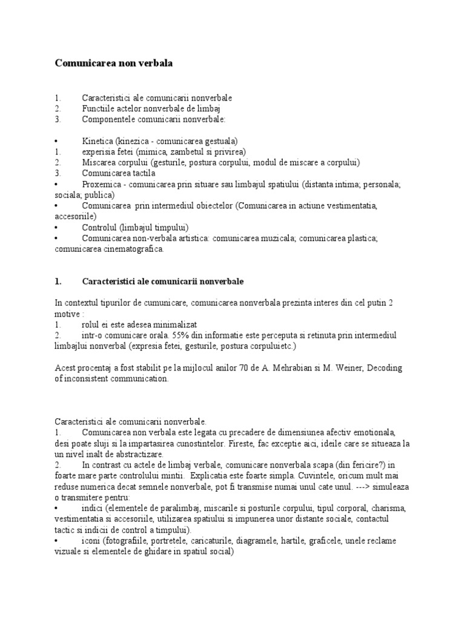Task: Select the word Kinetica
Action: point(99,140)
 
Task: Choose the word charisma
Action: point(389,509)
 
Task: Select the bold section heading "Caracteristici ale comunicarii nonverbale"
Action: point(163,282)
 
